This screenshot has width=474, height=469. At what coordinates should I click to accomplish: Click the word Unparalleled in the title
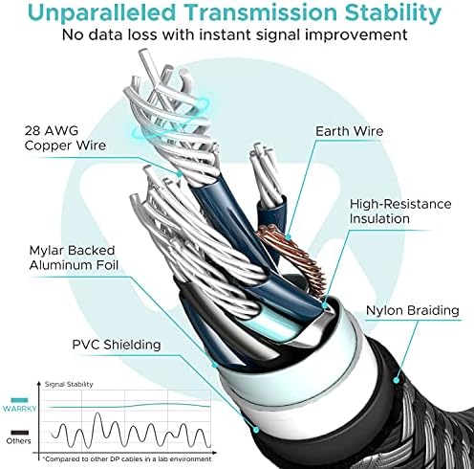coord(102,12)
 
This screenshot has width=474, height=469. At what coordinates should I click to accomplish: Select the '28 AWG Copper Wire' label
coord(65,138)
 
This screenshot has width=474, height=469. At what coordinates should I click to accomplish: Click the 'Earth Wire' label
coord(349,131)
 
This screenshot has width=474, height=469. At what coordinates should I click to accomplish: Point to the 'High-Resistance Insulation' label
coord(400,212)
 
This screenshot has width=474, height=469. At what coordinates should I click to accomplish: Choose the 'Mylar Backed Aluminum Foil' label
coord(74,257)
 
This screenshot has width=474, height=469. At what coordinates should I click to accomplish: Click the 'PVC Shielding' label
coord(117,345)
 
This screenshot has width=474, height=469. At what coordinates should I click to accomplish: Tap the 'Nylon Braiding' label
coord(413,310)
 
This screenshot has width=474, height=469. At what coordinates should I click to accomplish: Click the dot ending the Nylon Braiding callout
coord(397,380)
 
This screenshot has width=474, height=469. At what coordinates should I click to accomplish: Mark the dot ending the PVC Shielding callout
coord(255,430)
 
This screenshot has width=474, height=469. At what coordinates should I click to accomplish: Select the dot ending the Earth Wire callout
coord(288,237)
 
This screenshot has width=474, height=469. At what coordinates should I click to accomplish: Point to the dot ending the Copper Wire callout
coord(180,174)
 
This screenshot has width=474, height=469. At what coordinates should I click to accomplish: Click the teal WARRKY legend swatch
coord(19,400)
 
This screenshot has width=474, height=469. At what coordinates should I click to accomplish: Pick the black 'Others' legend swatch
coord(19,433)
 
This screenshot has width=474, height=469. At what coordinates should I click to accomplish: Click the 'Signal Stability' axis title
coord(69,384)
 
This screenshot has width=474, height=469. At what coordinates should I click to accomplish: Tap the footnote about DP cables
coord(127,459)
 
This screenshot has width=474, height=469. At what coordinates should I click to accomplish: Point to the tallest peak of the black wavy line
coord(97,413)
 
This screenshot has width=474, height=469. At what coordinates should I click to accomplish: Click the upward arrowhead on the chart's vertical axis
coord(39,383)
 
